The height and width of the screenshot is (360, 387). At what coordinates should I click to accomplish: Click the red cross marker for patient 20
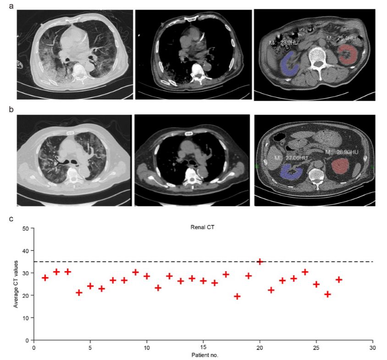pyautogui.click(x=260, y=262)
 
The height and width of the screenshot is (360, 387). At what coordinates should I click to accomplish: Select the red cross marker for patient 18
pyautogui.click(x=238, y=296)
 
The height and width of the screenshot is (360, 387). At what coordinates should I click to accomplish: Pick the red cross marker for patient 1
pyautogui.click(x=45, y=278)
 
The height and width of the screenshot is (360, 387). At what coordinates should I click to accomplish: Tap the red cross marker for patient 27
pyautogui.click(x=339, y=279)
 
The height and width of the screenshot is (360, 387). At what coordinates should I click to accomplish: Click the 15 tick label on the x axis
pyautogui.click(x=203, y=347)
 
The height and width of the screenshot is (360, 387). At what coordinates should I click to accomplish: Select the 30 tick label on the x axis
pyautogui.click(x=373, y=347)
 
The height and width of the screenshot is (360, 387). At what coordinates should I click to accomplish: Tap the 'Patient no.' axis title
pyautogui.click(x=203, y=355)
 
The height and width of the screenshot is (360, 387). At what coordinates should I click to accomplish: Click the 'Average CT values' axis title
pyautogui.click(x=16, y=284)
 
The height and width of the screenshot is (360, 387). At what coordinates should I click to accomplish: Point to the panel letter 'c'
pyautogui.click(x=11, y=218)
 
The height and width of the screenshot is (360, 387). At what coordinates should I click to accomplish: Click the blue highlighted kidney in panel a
pyautogui.click(x=289, y=64)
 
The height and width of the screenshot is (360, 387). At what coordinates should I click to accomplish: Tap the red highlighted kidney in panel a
pyautogui.click(x=348, y=55)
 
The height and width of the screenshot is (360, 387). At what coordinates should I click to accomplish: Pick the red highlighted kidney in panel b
pyautogui.click(x=343, y=166)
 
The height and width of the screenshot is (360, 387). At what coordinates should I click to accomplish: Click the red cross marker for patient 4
pyautogui.click(x=79, y=292)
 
